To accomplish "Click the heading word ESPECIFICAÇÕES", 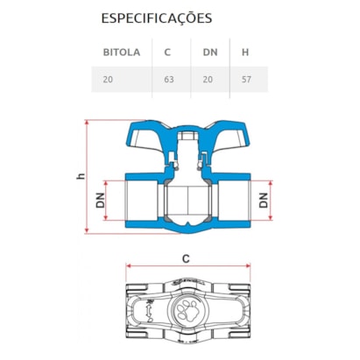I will [156, 18].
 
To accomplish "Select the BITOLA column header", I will [123, 52].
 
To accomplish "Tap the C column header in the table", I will [166, 52].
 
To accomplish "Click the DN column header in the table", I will [210, 52].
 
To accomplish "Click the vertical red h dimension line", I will [86, 177].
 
